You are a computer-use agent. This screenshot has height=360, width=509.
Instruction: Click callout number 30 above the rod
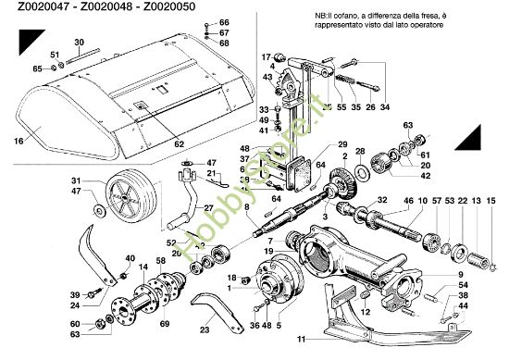78,43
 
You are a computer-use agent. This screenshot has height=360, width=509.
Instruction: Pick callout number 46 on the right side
409,200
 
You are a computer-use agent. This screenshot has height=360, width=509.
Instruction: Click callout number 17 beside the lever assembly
264,56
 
